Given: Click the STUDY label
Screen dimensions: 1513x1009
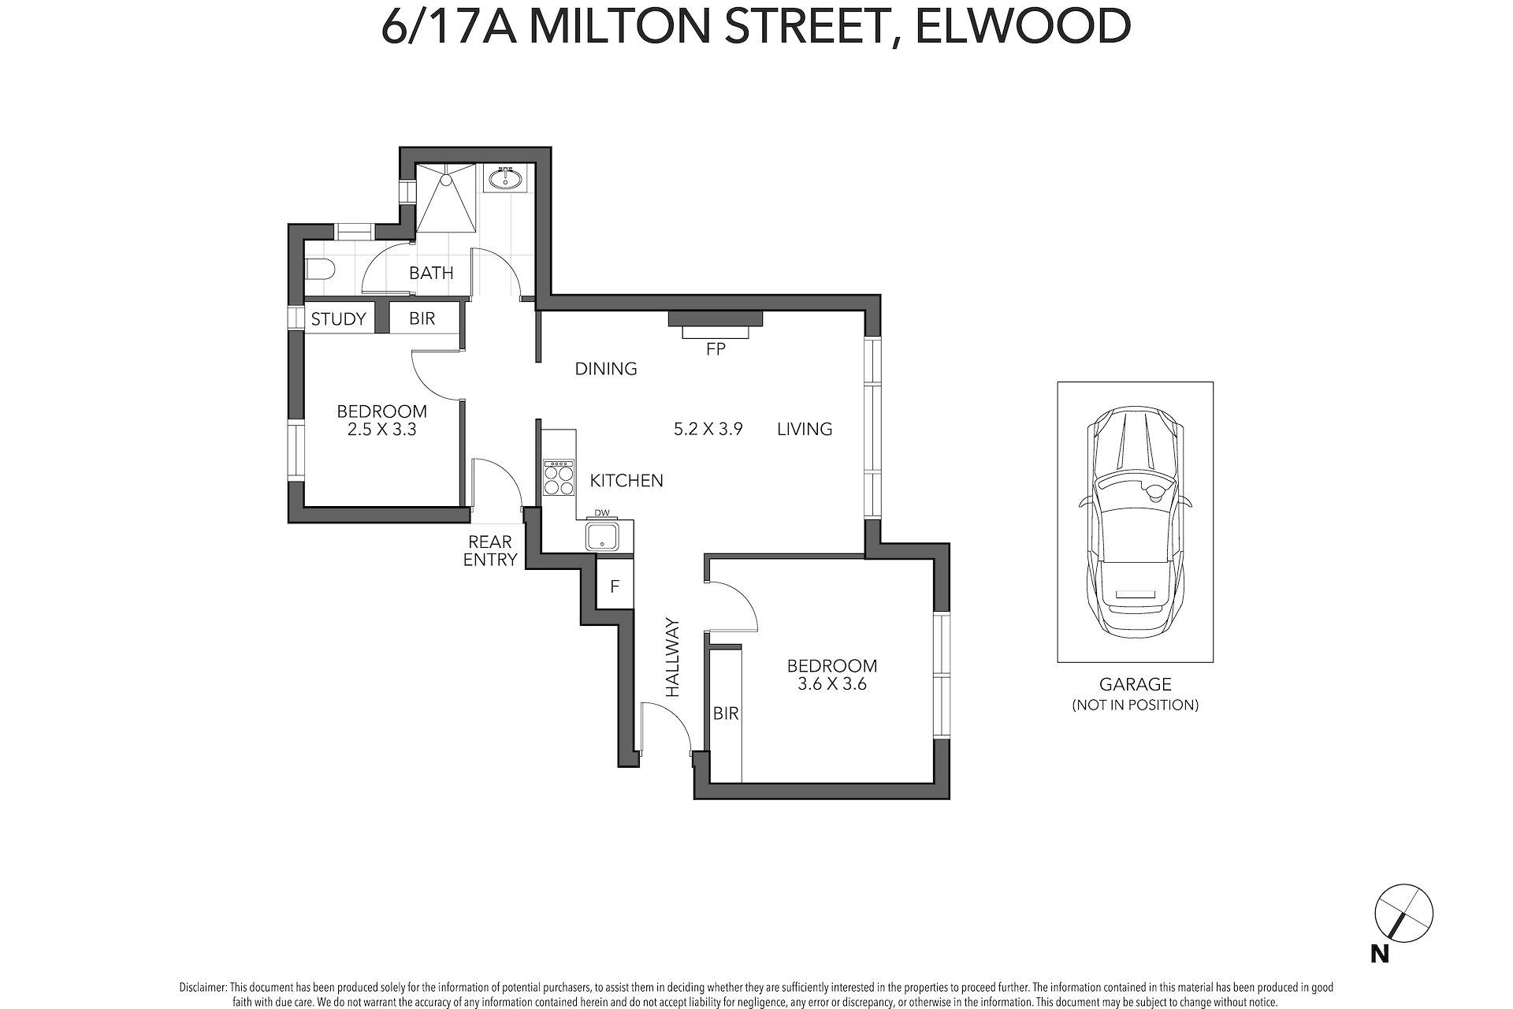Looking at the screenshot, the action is pyautogui.click(x=339, y=318).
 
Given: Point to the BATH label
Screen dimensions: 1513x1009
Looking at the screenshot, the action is pyautogui.click(x=431, y=274).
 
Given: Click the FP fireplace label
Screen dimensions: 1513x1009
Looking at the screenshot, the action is pyautogui.click(x=716, y=348).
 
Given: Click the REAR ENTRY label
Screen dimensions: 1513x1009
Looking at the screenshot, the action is pyautogui.click(x=490, y=551).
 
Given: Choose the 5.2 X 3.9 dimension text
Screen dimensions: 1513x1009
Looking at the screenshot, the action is pyautogui.click(x=708, y=429).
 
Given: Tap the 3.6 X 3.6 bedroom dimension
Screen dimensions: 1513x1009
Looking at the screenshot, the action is pyautogui.click(x=832, y=684).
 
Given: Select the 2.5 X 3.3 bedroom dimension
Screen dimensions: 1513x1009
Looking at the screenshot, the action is pyautogui.click(x=382, y=430).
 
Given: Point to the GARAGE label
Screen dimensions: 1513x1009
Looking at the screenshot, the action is pyautogui.click(x=1136, y=685).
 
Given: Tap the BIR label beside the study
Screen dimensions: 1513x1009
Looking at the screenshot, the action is pyautogui.click(x=422, y=319).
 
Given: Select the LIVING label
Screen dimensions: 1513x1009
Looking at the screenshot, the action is pyautogui.click(x=805, y=429).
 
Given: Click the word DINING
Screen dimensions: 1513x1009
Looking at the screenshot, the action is pyautogui.click(x=606, y=368).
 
